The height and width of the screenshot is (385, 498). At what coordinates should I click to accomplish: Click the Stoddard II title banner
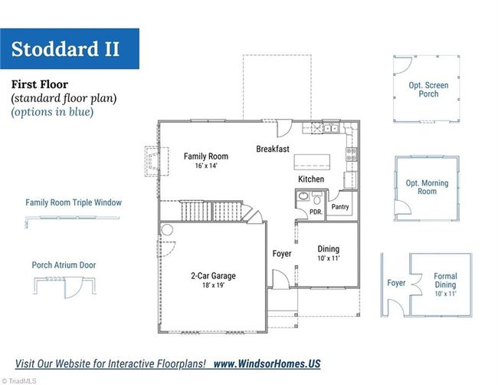[70, 48]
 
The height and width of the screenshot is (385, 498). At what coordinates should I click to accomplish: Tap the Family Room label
[206, 156]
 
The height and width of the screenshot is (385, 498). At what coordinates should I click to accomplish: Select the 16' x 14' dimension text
[206, 166]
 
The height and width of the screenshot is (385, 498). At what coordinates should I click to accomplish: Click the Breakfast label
[273, 149]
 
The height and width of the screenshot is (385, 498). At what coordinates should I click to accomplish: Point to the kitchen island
[312, 162]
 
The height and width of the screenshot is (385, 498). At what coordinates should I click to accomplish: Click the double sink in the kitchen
[332, 128]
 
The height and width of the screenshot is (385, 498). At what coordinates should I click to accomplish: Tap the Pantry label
[340, 206]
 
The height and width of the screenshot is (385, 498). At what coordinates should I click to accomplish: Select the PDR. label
[316, 212]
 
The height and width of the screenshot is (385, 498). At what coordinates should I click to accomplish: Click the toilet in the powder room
[317, 199]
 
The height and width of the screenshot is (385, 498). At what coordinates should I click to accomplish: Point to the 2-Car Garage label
[214, 275]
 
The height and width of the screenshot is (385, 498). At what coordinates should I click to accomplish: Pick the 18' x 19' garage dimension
[214, 285]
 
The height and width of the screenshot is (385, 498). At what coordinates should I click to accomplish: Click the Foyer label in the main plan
[282, 254]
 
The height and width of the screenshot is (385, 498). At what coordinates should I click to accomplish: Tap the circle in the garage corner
[167, 229]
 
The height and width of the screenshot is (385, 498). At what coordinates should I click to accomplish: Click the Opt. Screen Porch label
[428, 90]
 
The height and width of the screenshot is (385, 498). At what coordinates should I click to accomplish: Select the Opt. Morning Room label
[427, 187]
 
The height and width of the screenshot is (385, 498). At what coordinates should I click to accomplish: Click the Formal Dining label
[445, 281]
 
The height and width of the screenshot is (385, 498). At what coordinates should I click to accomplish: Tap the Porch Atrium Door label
[64, 265]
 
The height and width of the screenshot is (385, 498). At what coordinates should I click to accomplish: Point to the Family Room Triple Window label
[74, 202]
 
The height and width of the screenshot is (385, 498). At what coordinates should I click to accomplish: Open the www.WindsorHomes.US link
[267, 364]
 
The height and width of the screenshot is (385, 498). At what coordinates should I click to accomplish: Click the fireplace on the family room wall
[156, 161]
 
